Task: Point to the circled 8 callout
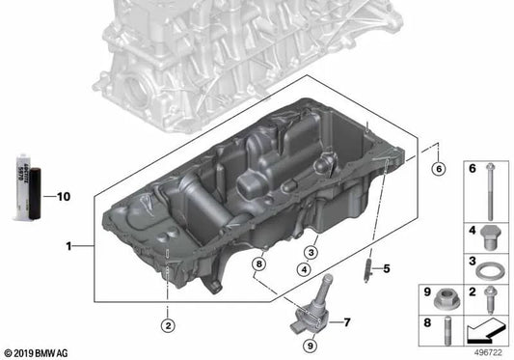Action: point(257,263)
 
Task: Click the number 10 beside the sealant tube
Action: point(64,196)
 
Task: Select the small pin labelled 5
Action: point(367,267)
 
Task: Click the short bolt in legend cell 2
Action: point(489,294)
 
